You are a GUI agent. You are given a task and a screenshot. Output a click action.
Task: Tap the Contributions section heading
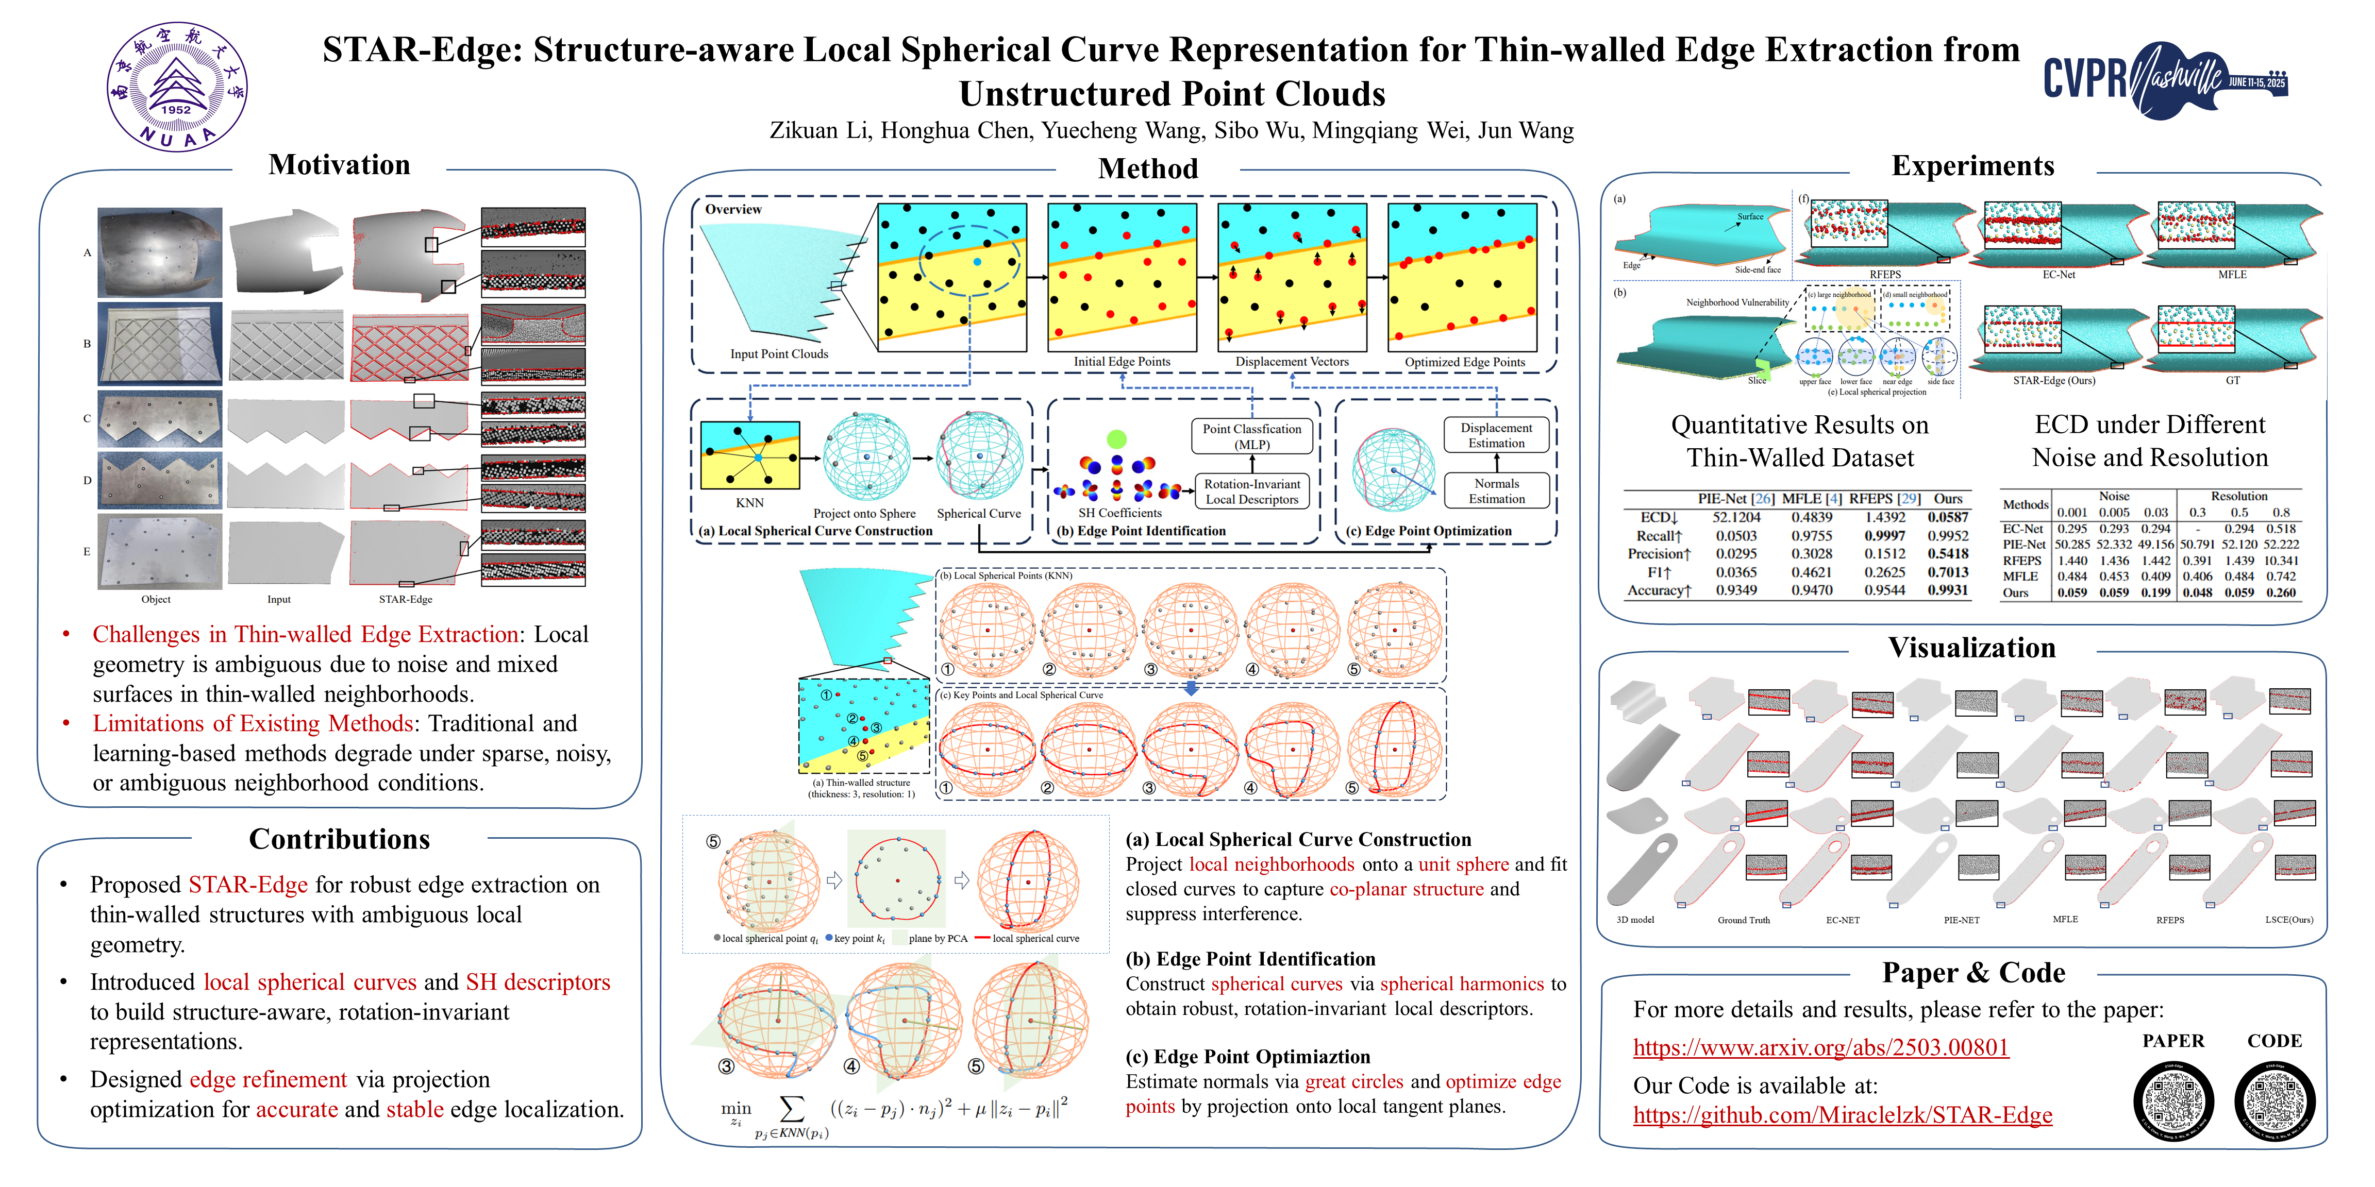(339, 840)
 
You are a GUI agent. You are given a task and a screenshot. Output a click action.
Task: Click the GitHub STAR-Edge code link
(1842, 1115)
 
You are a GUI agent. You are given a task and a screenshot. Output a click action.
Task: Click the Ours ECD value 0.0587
(1947, 518)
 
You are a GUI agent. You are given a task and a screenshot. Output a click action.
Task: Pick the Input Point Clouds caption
(779, 354)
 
